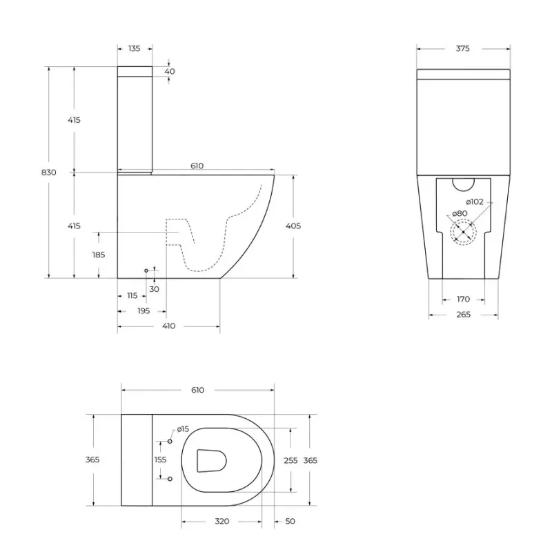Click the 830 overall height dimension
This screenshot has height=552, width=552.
(x=48, y=172)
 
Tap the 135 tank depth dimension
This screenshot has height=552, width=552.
(x=135, y=48)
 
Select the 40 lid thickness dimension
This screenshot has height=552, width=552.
(x=170, y=72)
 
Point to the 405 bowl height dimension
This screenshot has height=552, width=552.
(x=293, y=226)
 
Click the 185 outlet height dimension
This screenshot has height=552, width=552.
(x=99, y=255)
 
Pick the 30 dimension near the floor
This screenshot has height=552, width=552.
(x=154, y=289)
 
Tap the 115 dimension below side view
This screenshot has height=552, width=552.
(x=132, y=296)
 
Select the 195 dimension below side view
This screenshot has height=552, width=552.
(x=144, y=311)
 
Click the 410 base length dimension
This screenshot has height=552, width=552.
(x=169, y=326)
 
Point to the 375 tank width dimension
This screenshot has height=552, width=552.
(x=462, y=48)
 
